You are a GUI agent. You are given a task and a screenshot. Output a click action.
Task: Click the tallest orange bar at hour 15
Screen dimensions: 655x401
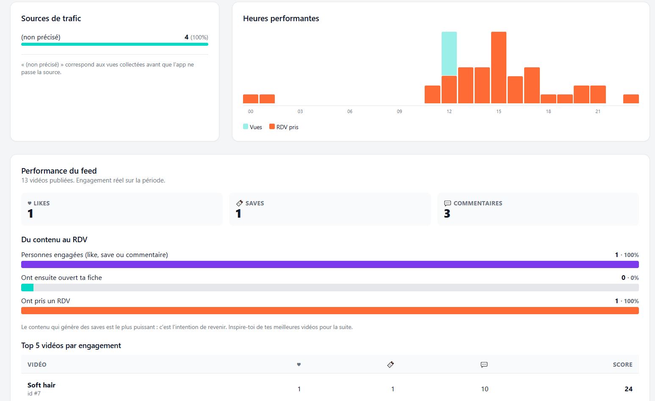[499, 67]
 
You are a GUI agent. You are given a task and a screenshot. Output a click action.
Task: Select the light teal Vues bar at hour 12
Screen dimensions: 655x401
[449, 53]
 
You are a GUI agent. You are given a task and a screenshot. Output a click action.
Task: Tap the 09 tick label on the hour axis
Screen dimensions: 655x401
[399, 111]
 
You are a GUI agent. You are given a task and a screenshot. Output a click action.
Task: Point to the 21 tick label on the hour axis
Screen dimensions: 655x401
[598, 111]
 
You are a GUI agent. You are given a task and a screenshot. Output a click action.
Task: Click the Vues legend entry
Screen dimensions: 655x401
[252, 127]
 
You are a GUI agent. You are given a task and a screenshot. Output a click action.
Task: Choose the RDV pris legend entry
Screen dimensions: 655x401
[284, 127]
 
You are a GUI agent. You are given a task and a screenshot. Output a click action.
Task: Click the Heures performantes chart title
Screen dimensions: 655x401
[281, 19]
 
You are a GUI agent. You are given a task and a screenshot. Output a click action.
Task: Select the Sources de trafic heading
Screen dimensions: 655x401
[51, 19]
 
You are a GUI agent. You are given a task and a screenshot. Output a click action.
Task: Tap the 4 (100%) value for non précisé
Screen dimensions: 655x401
[196, 37]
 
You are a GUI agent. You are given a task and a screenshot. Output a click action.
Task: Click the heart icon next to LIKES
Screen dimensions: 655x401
[30, 203]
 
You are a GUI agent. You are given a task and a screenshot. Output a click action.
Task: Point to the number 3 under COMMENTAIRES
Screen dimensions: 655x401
[447, 213]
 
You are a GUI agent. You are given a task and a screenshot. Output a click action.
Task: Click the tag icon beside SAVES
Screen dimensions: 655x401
[240, 203]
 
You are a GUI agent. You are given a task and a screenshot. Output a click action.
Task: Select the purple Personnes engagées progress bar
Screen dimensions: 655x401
[330, 264]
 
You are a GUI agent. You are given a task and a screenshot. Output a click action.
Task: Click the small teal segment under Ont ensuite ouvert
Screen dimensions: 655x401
[27, 288]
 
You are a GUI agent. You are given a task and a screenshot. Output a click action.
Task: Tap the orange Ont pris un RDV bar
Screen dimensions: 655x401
[330, 311]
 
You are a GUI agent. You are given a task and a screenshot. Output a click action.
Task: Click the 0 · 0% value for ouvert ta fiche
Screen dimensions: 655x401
[630, 278]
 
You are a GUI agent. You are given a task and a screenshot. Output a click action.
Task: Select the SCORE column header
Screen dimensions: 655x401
[622, 365]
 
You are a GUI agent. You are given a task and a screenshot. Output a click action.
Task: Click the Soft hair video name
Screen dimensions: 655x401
[41, 385]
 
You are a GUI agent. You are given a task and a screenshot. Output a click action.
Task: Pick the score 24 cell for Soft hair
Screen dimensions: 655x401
[628, 389]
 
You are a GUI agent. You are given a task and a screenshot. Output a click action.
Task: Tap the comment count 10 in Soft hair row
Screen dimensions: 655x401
[484, 389]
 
